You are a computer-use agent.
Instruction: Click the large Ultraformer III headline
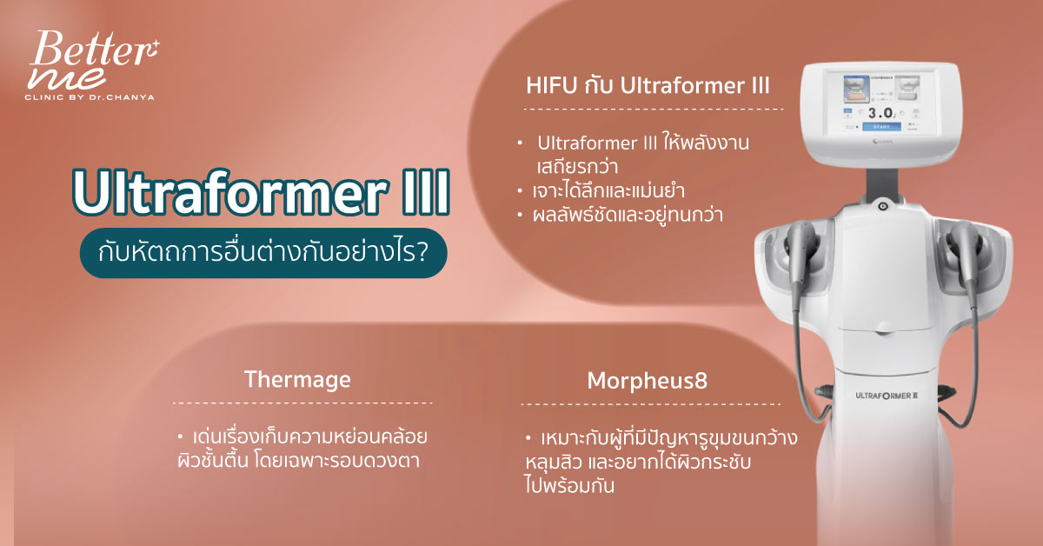(x=261, y=195)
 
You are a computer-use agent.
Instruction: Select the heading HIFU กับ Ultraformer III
(x=648, y=86)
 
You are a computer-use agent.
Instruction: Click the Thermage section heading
(x=297, y=380)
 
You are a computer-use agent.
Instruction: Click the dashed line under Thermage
(x=302, y=403)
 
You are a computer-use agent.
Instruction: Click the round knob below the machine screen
(x=882, y=206)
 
